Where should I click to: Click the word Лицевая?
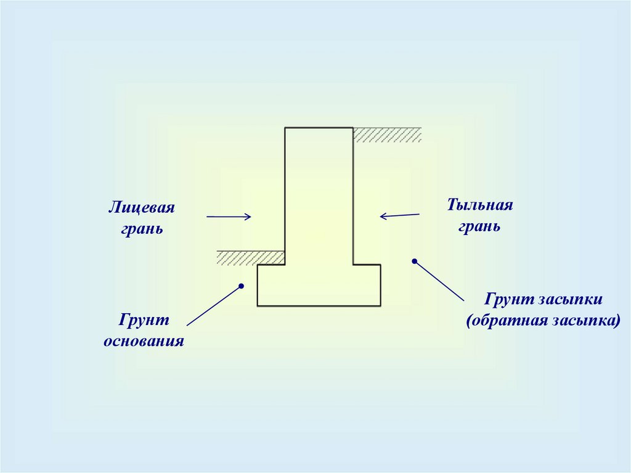pos(142,208)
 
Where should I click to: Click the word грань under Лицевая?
pos(142,229)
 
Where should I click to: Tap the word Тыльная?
pos(480,205)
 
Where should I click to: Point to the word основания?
pos(144,341)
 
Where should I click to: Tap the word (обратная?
pos(509,321)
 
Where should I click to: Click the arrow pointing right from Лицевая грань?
pos(229,216)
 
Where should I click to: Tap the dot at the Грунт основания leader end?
pos(242,286)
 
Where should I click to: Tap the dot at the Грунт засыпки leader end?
pos(415,261)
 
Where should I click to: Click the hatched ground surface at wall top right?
pos(387,135)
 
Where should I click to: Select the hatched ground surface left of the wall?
pos(250,258)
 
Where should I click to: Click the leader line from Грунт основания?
pos(213,306)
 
